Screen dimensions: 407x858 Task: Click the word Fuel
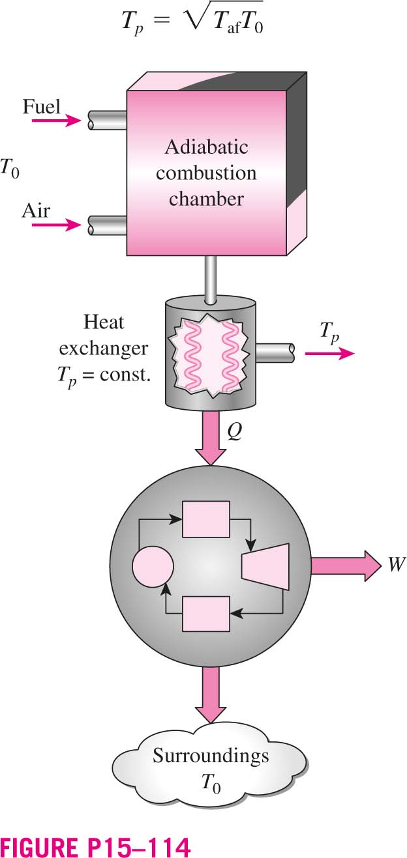click(x=42, y=106)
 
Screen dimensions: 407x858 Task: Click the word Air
click(x=36, y=210)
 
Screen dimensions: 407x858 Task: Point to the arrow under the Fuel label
click(x=56, y=121)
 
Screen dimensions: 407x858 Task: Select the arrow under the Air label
click(x=56, y=225)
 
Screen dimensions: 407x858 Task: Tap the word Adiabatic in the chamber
click(x=207, y=147)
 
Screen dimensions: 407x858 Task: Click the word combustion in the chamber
click(x=206, y=173)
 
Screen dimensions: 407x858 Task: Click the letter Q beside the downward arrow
click(x=234, y=432)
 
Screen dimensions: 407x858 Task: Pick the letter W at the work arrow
click(x=396, y=564)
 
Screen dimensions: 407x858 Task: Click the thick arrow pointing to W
click(x=346, y=565)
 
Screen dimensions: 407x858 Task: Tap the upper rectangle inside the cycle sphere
click(x=206, y=519)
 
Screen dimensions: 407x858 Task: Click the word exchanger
click(x=103, y=349)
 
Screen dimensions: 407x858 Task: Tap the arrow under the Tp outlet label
click(x=330, y=353)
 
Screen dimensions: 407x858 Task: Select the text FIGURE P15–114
click(x=95, y=846)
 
